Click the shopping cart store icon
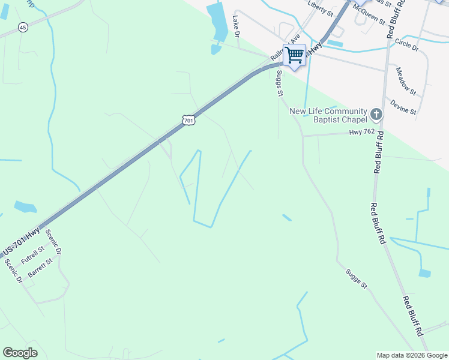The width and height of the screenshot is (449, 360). (294, 56)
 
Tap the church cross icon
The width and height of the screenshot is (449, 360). (376, 113)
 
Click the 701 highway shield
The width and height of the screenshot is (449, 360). (188, 120)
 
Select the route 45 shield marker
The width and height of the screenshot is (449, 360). (23, 27)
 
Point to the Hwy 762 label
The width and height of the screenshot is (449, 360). (363, 132)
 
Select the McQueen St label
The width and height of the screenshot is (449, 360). (369, 13)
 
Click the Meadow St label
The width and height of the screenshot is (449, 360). (405, 81)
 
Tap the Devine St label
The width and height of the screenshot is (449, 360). (403, 107)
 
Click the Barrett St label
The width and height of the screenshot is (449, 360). (40, 268)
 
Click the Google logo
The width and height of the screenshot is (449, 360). (20, 353)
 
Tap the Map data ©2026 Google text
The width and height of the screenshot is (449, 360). (411, 355)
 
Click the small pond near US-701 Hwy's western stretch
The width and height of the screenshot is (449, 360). (25, 207)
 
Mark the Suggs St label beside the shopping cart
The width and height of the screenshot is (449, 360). (279, 83)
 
